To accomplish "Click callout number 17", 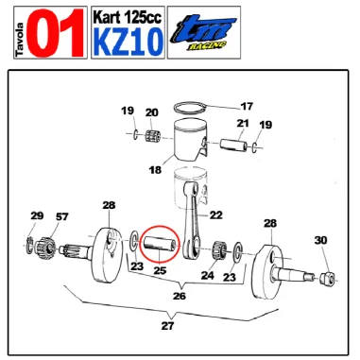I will click(247, 106).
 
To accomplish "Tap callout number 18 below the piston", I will click(156, 171).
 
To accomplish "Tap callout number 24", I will click(207, 276).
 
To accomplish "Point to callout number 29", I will click(37, 216).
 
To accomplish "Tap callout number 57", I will click(61, 216).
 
